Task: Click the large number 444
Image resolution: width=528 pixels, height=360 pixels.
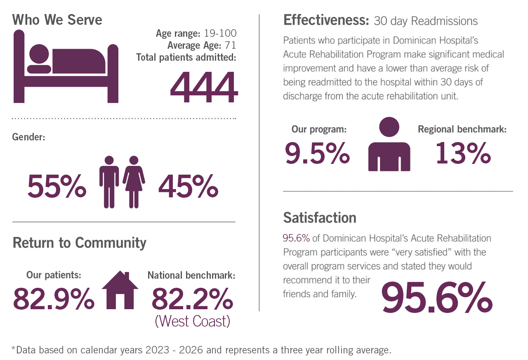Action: coord(204,87)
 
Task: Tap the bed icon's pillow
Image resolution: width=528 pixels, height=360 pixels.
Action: coord(39,69)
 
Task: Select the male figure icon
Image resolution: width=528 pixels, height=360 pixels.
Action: coord(109,182)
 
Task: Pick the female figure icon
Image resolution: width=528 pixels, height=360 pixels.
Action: coord(134,182)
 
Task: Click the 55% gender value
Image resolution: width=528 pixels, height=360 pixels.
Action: coord(57,186)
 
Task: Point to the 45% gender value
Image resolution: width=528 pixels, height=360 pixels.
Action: coord(189,186)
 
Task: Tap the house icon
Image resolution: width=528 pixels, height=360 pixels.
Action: coord(120,290)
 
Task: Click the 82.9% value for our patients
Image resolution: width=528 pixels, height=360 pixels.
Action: coord(54,298)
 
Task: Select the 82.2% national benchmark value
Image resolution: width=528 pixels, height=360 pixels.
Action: coord(192,298)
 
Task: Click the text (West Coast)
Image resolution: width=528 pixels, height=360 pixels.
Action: coord(192,321)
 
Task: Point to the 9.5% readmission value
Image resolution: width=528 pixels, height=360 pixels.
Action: coord(317,153)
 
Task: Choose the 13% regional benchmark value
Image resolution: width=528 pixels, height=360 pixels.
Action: coord(463,153)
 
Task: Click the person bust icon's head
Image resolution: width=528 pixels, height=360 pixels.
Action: coord(389,127)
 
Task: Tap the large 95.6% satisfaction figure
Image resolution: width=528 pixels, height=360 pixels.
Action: coord(437,297)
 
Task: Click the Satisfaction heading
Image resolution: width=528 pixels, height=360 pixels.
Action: coord(320,218)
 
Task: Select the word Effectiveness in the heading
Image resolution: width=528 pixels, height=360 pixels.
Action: coord(326,20)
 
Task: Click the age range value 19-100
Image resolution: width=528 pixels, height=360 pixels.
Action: coord(220,33)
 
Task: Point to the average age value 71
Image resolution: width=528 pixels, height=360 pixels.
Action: coord(230,45)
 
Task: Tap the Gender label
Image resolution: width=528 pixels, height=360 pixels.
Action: coord(28,137)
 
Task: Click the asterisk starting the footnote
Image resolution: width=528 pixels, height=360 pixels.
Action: coord(13,348)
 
